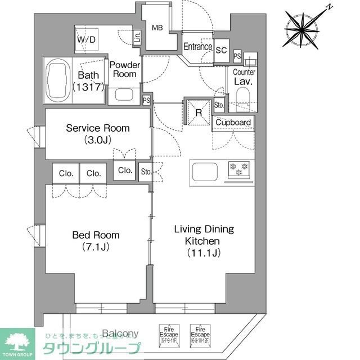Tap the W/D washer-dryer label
87,39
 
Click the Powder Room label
124,70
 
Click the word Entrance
198,47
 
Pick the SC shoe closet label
221,49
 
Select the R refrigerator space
198,111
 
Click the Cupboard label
233,122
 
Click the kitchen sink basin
208,170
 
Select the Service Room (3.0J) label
97,133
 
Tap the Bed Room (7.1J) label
95,241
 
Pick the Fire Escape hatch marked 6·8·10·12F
199,336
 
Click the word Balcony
120,333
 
